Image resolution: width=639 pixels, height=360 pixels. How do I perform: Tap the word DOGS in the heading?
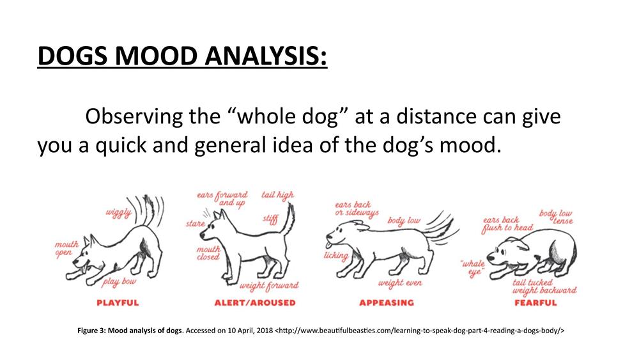(73, 56)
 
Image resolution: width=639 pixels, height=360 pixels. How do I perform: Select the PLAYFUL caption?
(118, 303)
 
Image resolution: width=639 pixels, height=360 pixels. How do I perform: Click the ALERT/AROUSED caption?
(255, 303)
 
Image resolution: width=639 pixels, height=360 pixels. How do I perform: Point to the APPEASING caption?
(387, 303)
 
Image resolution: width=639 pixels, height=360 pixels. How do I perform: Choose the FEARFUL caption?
(535, 303)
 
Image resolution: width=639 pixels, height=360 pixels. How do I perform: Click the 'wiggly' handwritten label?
(119, 213)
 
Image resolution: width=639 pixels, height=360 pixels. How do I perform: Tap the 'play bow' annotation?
(119, 282)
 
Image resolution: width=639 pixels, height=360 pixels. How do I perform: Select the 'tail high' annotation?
(277, 196)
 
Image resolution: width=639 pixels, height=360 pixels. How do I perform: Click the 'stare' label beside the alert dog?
(195, 223)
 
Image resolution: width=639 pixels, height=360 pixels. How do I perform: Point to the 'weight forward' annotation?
(269, 286)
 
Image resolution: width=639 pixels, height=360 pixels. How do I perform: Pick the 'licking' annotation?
(336, 256)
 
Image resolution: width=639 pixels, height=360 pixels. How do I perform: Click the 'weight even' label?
(400, 283)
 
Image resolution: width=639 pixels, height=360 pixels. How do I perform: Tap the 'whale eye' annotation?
(473, 269)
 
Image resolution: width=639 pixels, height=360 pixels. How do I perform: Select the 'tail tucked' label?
(532, 283)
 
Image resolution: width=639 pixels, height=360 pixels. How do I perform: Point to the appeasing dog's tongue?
(328, 245)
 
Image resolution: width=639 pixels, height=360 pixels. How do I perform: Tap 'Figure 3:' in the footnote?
(91, 331)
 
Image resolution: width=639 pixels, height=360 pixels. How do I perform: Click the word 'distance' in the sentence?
(436, 116)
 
